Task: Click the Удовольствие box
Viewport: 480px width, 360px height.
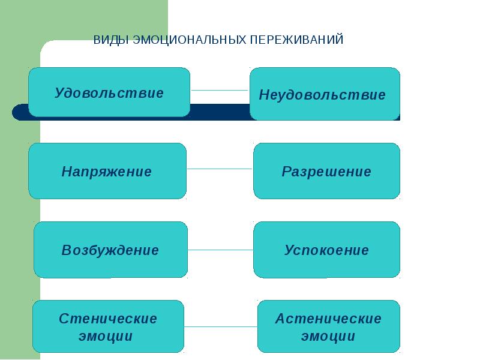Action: click(x=109, y=92)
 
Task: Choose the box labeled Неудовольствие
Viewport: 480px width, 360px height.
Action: click(x=325, y=94)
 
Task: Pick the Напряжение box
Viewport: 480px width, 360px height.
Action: click(x=107, y=171)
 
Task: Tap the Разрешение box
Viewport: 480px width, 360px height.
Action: click(x=326, y=171)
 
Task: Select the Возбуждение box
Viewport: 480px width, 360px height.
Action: click(x=110, y=250)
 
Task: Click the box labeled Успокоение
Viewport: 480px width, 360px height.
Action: click(x=326, y=250)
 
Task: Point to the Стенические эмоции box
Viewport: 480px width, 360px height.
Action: click(x=108, y=326)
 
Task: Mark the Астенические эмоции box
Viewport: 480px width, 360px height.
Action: click(x=328, y=326)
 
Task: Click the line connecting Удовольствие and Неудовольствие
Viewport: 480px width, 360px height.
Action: click(x=220, y=91)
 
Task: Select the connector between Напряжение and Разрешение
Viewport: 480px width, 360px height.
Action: click(x=220, y=169)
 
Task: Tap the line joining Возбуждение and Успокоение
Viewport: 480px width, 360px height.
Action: click(x=220, y=249)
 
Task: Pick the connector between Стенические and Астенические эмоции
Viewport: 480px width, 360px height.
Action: click(x=221, y=327)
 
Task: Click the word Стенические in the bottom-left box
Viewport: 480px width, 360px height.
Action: click(x=108, y=319)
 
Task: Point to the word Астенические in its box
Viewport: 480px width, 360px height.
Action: click(x=328, y=319)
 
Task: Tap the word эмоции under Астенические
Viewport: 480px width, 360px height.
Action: click(x=328, y=336)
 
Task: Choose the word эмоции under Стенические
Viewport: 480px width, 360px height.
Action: click(x=106, y=336)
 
